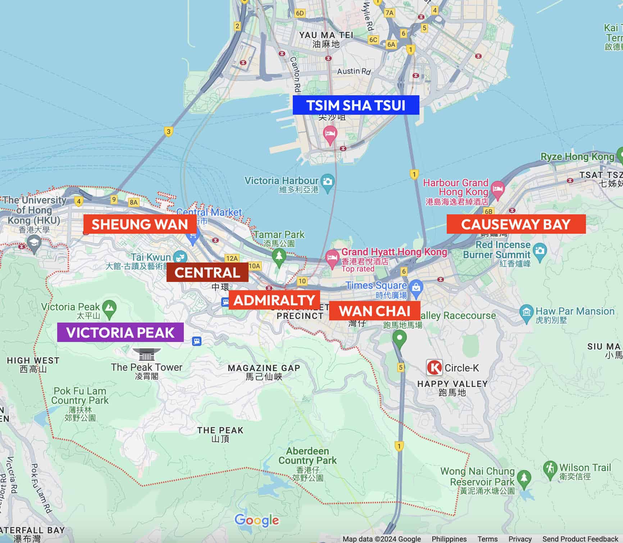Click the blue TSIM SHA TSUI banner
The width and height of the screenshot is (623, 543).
tap(356, 105)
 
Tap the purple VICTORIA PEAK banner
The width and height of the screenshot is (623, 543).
tap(120, 332)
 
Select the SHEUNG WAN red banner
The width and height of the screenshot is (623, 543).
tap(140, 224)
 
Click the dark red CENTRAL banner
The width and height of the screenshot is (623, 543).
tap(207, 272)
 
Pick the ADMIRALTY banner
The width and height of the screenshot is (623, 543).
tap(274, 300)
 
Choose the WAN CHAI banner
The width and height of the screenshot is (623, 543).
tap(374, 311)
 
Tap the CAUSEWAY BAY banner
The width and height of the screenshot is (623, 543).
tap(516, 224)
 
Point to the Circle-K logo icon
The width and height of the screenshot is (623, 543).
tap(434, 368)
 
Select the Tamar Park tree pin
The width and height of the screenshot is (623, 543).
tap(279, 256)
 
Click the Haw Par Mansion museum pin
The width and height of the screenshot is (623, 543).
tap(526, 312)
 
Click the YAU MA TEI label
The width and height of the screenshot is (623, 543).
tap(326, 35)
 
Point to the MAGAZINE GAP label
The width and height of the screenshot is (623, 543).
tap(264, 368)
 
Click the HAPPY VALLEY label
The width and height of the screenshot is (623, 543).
tap(452, 384)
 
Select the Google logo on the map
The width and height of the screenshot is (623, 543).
tap(256, 520)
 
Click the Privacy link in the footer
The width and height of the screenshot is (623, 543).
tap(520, 539)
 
